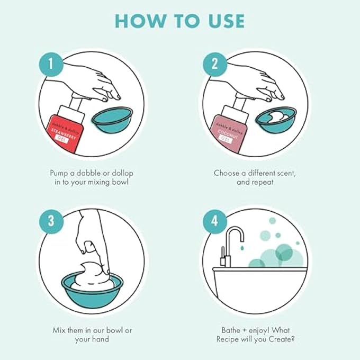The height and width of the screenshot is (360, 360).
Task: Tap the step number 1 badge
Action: [51, 64]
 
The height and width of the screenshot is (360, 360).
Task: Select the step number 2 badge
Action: [214, 64]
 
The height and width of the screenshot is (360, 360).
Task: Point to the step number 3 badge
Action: [51, 221]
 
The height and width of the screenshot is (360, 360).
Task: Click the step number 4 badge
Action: [214, 221]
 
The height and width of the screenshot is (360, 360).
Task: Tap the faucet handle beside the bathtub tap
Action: [222, 256]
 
